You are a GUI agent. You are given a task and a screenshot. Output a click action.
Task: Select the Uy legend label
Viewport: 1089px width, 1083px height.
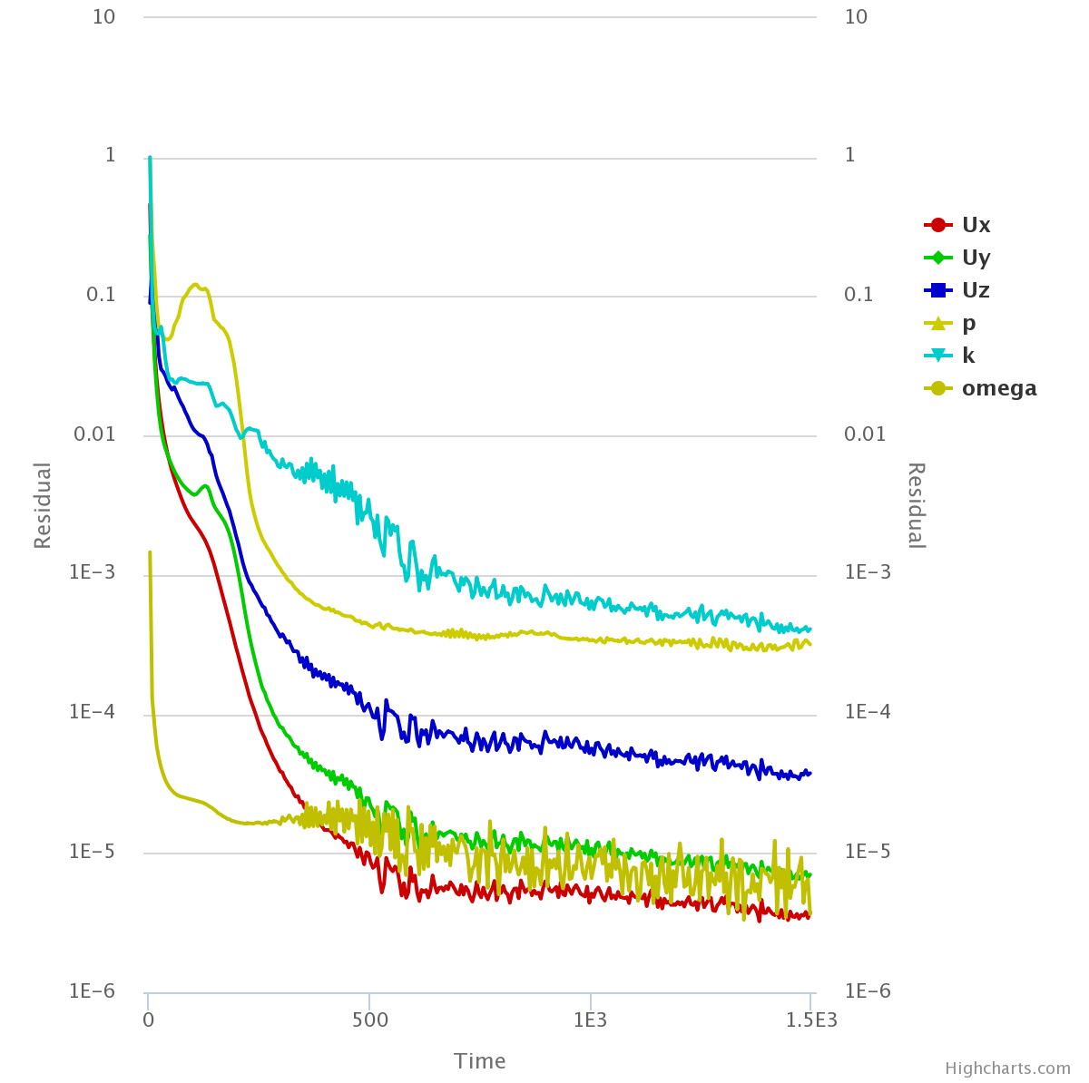(x=976, y=258)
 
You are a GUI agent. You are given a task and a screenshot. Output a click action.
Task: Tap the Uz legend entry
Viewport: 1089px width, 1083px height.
(x=976, y=290)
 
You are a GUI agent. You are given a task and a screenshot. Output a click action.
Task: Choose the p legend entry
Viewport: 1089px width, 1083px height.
(x=969, y=323)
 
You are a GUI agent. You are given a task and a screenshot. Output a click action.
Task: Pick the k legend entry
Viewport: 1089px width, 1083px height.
(x=968, y=356)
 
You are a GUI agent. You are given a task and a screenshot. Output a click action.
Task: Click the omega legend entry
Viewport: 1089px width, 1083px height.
(x=998, y=388)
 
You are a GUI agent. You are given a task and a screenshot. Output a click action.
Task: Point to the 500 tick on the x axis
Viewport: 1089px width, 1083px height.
(x=370, y=1020)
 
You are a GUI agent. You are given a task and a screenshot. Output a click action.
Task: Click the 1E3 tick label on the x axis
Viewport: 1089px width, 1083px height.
(x=590, y=1020)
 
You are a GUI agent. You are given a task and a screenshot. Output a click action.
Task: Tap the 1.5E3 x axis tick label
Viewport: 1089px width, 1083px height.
(x=811, y=1020)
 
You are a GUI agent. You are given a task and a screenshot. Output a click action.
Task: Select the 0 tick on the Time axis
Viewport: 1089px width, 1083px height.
(x=148, y=1020)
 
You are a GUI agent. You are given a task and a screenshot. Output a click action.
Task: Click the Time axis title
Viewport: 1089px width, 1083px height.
(x=480, y=1061)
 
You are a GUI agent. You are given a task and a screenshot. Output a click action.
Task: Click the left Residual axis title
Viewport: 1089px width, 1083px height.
(x=43, y=505)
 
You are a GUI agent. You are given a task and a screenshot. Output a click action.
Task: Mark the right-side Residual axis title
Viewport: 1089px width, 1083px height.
(x=916, y=505)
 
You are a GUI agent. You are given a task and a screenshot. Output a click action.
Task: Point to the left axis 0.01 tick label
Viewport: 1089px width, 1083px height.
(x=94, y=434)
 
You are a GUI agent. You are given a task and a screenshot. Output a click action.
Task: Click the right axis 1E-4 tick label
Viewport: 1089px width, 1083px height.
(x=868, y=712)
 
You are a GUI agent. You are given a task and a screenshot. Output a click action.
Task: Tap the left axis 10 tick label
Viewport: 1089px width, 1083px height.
(x=104, y=16)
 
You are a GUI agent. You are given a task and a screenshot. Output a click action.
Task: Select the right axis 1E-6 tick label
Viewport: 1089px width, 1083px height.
(x=868, y=991)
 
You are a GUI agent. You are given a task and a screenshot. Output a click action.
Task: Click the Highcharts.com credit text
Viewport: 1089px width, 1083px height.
(x=1007, y=1068)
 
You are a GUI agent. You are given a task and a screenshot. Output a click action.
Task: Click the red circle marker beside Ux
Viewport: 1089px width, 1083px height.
(x=937, y=225)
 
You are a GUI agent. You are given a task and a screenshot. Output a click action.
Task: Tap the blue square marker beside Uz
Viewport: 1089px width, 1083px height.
(x=937, y=290)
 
